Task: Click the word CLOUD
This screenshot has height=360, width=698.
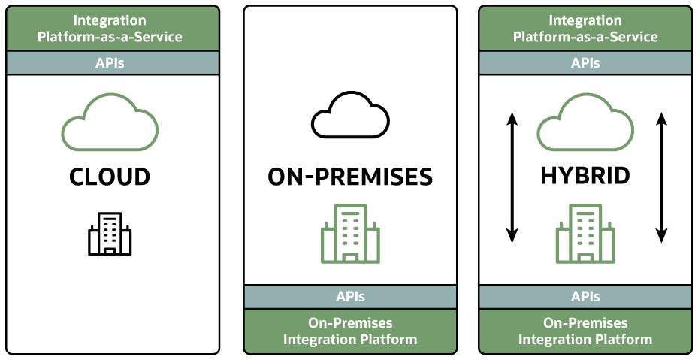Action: click(x=110, y=177)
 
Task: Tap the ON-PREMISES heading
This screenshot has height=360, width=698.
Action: click(x=350, y=177)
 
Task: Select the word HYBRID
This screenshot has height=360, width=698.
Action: click(x=585, y=176)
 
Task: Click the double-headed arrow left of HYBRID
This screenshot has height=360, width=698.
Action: click(x=512, y=178)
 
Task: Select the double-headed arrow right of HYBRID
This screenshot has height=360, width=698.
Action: click(x=661, y=178)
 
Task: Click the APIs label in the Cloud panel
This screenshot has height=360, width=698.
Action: click(x=110, y=63)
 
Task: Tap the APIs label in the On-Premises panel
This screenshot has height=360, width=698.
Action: click(x=350, y=297)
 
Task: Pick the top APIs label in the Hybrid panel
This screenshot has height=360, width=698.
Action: click(x=585, y=63)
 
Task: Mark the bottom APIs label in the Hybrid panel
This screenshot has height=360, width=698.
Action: click(x=585, y=297)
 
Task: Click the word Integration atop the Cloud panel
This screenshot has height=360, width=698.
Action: click(x=110, y=20)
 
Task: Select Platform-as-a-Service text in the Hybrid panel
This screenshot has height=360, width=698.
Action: click(x=585, y=37)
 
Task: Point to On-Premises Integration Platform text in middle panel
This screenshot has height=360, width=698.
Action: click(x=350, y=331)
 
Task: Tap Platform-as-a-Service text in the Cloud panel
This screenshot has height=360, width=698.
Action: click(x=110, y=37)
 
